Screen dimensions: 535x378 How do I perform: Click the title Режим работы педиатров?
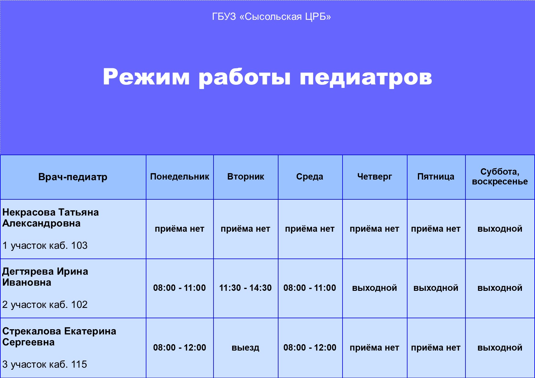tap(267, 77)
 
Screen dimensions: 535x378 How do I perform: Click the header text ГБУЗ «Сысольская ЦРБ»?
tap(271, 16)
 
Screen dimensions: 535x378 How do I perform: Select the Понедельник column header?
tap(180, 177)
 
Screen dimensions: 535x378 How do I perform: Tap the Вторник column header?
tap(246, 177)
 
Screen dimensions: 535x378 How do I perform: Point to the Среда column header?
tap(310, 177)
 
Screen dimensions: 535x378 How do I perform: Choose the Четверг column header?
tap(375, 177)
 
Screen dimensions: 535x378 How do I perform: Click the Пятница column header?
tap(436, 177)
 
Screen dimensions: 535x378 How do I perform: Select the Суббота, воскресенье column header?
tap(500, 177)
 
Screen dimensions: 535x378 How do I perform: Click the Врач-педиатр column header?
tap(73, 177)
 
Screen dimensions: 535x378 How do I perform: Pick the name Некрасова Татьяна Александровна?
tap(51, 218)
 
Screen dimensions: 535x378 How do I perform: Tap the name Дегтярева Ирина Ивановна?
tap(45, 277)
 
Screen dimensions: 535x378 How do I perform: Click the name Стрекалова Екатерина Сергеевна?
tap(59, 337)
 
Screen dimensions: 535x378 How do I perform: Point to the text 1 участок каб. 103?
tap(45, 245)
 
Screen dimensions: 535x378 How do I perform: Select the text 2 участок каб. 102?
tap(45, 305)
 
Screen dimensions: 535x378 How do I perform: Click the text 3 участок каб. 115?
tap(45, 364)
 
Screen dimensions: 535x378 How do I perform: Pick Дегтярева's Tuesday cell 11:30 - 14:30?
tap(246, 288)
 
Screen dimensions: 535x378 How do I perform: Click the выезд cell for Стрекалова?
tap(246, 348)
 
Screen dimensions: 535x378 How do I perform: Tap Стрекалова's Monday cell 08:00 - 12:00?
tap(180, 348)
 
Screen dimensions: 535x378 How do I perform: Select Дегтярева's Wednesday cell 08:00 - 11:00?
tap(310, 288)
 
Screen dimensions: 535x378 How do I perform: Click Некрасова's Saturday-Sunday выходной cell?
tap(500, 229)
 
